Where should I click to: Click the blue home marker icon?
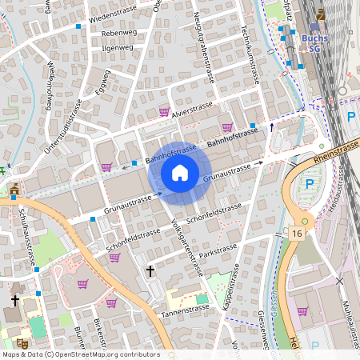point(179,172)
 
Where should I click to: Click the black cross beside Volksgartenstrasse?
point(150,272)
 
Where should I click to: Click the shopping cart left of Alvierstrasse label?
point(164,112)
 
